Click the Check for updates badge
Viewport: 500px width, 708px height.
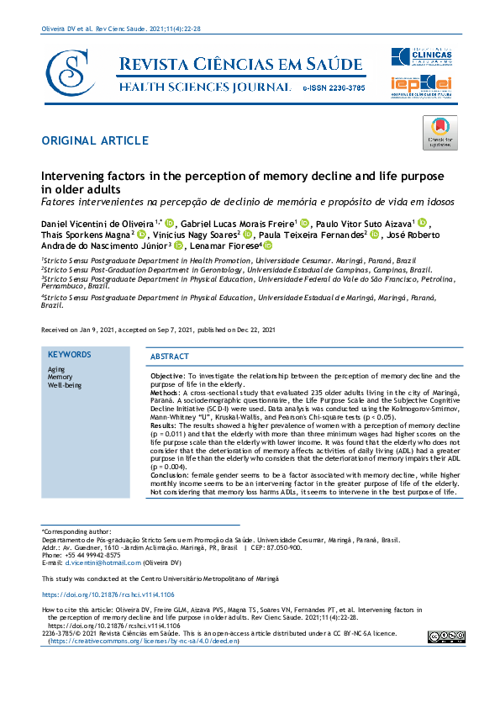440,133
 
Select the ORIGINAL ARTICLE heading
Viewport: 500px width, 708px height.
94,140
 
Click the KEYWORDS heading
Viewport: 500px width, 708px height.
70,355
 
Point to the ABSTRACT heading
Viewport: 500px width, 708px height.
170,357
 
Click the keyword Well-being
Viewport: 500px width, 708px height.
65,385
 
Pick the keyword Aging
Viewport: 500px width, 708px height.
56,369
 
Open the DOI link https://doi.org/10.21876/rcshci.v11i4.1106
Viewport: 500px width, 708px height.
108,594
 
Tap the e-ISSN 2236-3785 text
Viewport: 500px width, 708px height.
332,87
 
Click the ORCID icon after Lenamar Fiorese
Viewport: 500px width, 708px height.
268,246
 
